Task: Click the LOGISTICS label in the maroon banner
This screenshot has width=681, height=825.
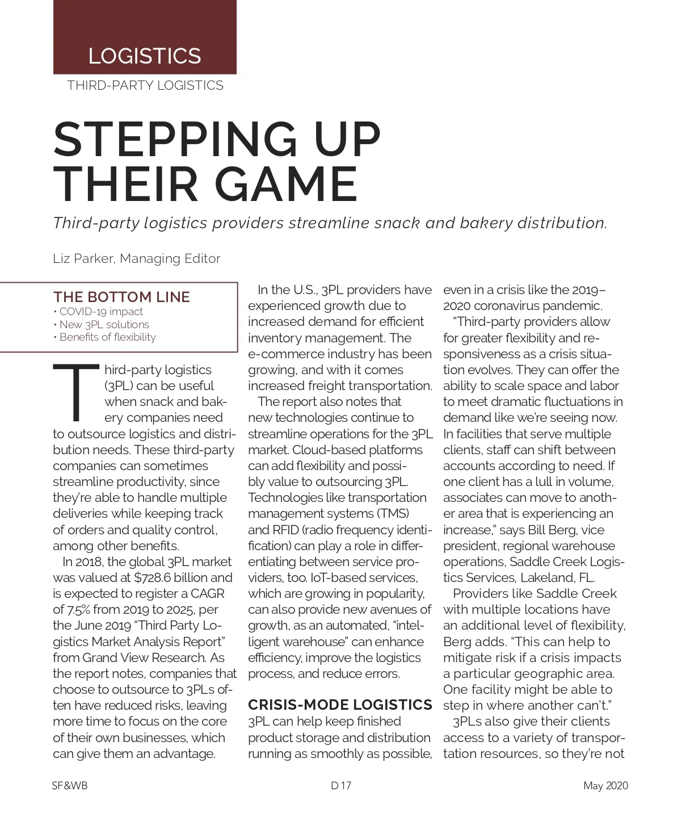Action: click(145, 56)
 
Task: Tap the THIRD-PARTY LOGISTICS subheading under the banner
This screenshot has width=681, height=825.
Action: click(145, 86)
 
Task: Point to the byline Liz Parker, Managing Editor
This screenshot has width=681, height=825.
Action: click(136, 259)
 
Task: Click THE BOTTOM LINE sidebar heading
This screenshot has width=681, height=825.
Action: click(121, 297)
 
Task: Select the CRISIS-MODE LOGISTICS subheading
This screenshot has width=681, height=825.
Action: click(340, 705)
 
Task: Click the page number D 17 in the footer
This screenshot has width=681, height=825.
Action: click(341, 786)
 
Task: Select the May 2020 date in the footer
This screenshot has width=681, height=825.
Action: click(606, 786)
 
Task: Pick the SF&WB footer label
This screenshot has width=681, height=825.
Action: click(70, 786)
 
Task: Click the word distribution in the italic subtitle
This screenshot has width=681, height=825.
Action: click(561, 223)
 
